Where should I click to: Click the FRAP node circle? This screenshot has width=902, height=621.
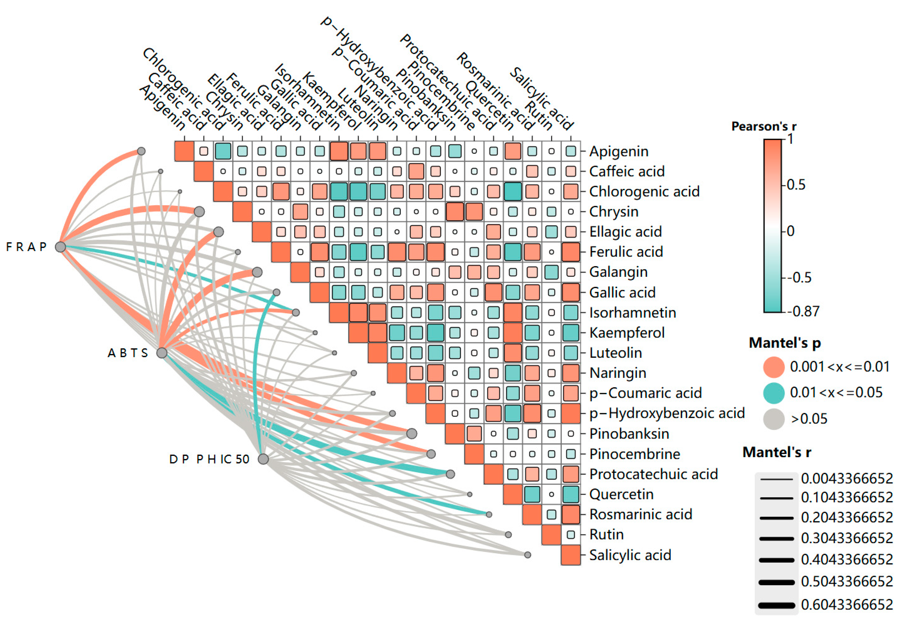pos(60,247)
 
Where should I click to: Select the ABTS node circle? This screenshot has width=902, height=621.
pos(162,353)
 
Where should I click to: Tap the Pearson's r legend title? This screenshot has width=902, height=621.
pos(764,127)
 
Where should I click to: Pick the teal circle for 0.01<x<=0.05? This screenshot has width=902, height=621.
pos(773,393)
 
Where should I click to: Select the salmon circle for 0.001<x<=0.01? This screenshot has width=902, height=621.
pos(773,367)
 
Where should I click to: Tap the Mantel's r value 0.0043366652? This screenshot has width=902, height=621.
pos(846,478)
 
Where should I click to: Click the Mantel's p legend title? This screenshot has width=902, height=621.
pos(785,343)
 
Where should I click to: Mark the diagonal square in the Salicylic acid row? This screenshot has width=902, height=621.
pos(571,555)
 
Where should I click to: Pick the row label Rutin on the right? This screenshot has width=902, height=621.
pos(606,535)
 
